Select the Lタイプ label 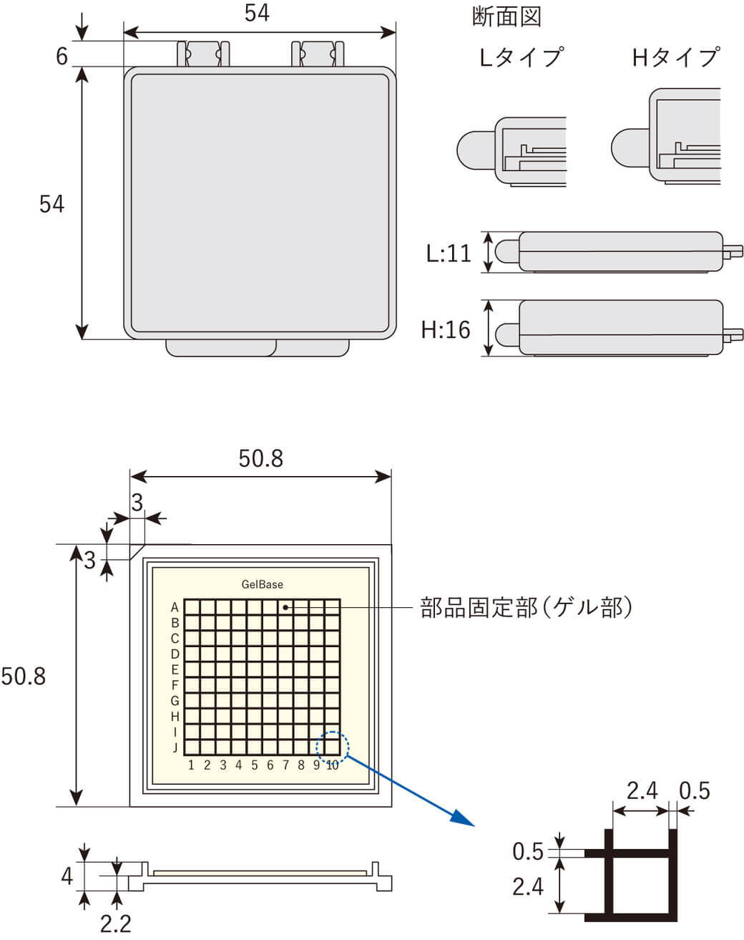point(521,57)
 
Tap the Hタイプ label point(675,57)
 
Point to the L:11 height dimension point(449,253)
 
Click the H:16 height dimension point(446,329)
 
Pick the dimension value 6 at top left point(62,56)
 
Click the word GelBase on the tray point(262,584)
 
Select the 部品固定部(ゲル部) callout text point(527,608)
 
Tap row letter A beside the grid point(175,607)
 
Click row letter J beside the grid point(175,748)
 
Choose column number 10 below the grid point(332,765)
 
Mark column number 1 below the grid point(191,765)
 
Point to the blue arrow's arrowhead point(464,819)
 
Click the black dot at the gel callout point(285,607)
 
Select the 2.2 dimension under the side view point(115,923)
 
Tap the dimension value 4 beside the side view point(67,876)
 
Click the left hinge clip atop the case point(204,54)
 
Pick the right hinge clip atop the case point(319,54)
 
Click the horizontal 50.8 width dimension point(260,458)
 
